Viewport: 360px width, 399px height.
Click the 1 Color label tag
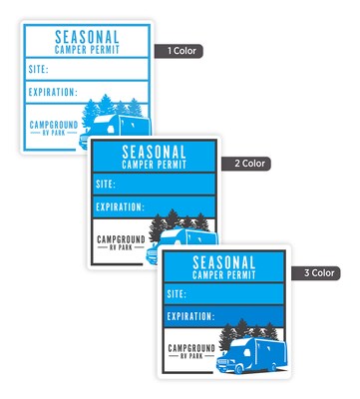click(179, 51)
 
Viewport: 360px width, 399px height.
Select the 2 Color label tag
click(246, 164)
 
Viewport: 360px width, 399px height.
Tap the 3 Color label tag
click(316, 273)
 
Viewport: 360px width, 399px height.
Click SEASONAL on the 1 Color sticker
click(87, 37)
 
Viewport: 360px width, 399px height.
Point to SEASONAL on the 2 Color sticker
click(154, 152)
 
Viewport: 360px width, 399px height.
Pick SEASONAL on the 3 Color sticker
click(224, 262)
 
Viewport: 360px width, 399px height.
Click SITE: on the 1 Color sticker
click(39, 69)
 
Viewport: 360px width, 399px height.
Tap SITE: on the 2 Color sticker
click(106, 184)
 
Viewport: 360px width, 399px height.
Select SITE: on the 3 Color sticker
click(177, 294)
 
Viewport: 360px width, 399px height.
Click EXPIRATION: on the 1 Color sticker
click(53, 92)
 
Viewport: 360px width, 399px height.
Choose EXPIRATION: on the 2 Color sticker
click(120, 206)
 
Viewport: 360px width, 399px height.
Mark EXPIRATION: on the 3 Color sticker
click(190, 316)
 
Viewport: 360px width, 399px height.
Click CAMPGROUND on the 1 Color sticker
click(54, 125)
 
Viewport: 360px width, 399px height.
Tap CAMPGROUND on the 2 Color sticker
click(121, 239)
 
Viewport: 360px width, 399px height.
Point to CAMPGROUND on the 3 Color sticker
click(191, 348)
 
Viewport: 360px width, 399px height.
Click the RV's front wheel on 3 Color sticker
click(238, 368)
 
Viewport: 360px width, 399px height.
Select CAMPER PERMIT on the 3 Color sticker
click(224, 275)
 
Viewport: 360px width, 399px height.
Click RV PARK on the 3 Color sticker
click(191, 356)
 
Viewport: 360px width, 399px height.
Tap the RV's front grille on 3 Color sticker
click(222, 363)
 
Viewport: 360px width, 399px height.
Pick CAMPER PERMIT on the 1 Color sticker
click(87, 50)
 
